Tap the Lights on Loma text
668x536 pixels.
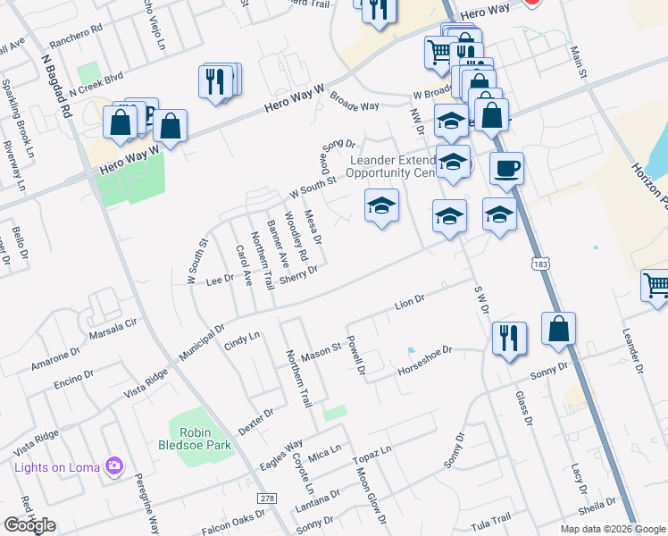(55, 465)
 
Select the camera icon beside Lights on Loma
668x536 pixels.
(113, 465)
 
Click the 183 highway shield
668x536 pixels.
(539, 264)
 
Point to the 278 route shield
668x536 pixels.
(265, 498)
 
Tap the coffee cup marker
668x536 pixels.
(506, 168)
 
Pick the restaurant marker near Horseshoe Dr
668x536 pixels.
(509, 338)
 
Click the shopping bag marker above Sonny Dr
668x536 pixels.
(558, 329)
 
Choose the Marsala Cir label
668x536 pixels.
(115, 330)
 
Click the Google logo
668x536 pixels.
(29, 525)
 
